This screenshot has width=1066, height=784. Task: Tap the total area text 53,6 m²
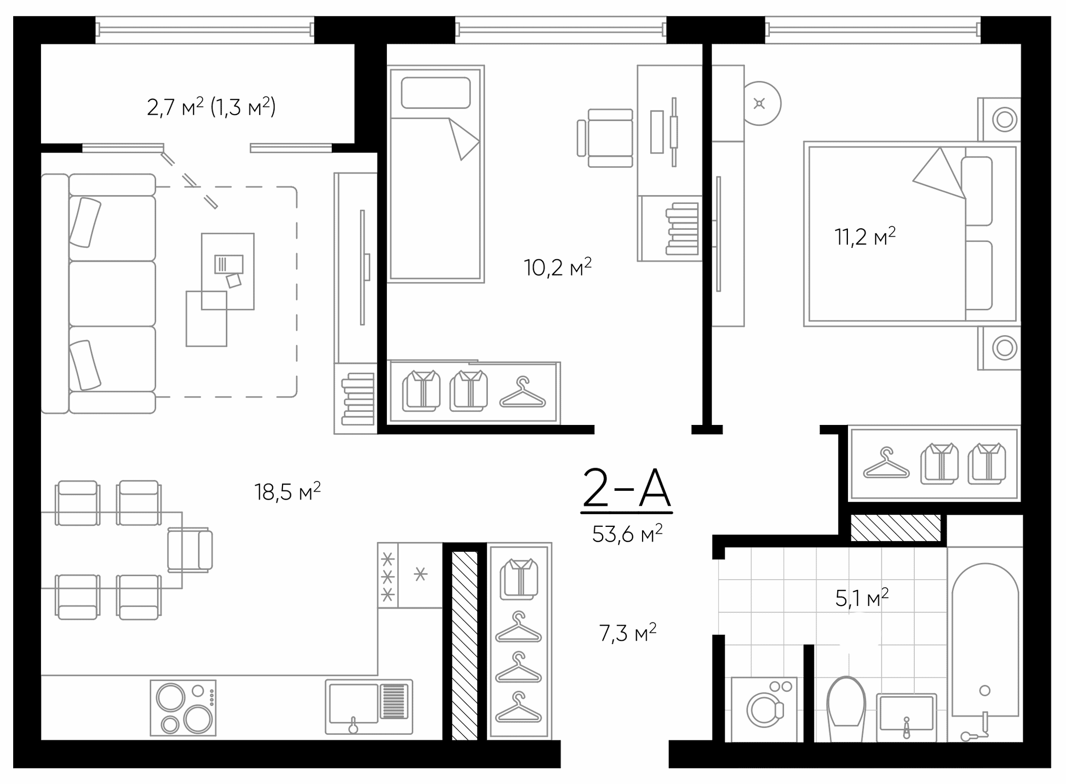coord(627,533)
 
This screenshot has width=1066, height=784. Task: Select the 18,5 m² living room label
coord(287,491)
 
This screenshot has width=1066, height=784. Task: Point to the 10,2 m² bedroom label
coord(557,267)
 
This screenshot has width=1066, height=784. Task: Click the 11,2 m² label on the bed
coord(865,236)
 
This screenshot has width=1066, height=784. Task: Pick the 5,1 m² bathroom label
coord(862,598)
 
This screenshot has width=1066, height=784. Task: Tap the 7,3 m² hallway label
coord(627,633)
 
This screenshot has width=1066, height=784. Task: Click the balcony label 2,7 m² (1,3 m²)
coord(211,107)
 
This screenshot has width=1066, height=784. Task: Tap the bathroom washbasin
coord(906,713)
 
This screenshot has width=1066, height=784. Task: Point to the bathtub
coord(984,644)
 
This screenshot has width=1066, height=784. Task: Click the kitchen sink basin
coord(353,703)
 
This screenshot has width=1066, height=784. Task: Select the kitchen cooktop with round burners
coord(183,708)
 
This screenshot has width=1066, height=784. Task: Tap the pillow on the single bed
coord(436,93)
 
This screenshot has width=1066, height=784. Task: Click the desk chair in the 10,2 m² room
coord(607,138)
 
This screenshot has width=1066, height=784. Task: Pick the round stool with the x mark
coord(760,103)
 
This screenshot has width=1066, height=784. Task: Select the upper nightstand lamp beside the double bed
coord(1005,120)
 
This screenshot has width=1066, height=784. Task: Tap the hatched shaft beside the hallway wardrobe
coord(465,646)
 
